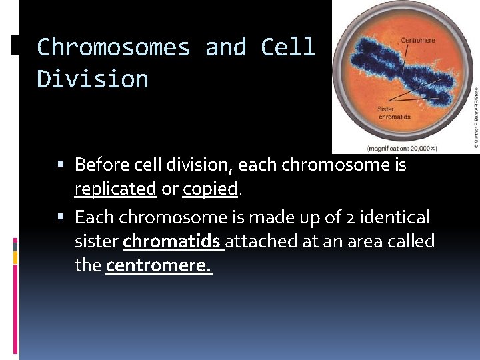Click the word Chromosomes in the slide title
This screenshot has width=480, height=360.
click(113, 47)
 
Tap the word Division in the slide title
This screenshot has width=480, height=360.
click(93, 79)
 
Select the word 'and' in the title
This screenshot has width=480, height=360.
click(226, 47)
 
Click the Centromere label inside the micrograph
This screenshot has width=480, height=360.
click(418, 40)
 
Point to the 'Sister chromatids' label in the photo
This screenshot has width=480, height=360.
click(395, 113)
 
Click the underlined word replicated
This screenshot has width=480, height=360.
click(115, 189)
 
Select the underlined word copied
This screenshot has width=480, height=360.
click(210, 189)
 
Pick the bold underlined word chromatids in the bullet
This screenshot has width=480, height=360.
click(173, 241)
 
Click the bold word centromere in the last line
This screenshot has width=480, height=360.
click(158, 266)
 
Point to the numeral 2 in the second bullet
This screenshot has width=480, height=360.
click(349, 217)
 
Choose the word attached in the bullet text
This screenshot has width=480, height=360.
click(262, 241)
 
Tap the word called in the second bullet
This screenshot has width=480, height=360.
click(412, 241)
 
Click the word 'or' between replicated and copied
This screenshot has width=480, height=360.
click(169, 189)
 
